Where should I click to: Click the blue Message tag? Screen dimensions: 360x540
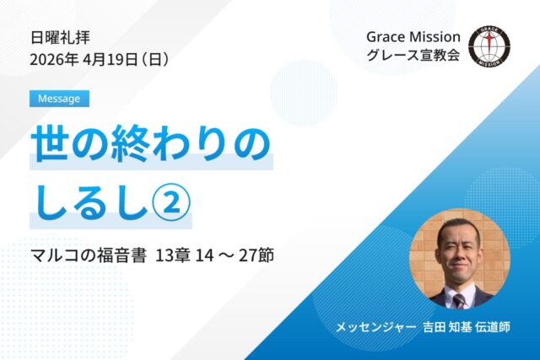tap(59, 98)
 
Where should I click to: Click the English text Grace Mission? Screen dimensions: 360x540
tap(413, 37)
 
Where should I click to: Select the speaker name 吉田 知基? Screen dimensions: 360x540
tap(447, 326)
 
